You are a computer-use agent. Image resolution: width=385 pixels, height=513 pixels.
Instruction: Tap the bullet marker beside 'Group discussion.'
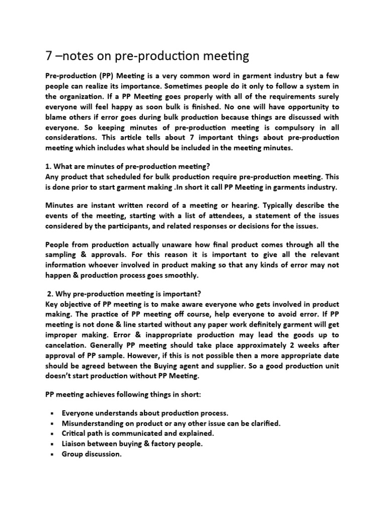pyautogui.click(x=52, y=454)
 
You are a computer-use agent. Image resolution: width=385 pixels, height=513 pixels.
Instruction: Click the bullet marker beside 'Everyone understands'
pyautogui.click(x=52, y=414)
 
